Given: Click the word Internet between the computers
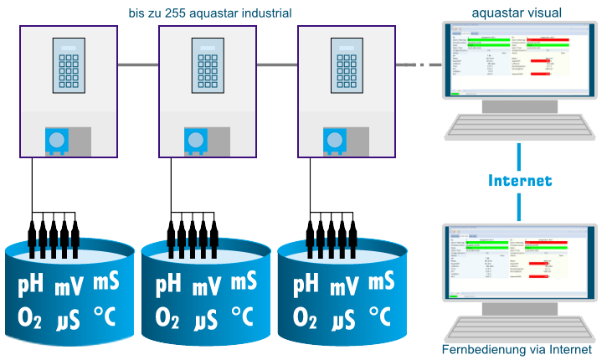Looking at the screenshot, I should click(x=519, y=181).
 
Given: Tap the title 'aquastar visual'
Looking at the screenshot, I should click(x=517, y=12).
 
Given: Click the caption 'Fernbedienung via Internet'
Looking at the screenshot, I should click(x=517, y=350).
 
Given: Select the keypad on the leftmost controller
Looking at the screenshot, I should click(x=69, y=64).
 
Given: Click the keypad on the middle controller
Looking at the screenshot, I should click(x=207, y=64).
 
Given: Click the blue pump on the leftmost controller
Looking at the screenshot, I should click(x=56, y=140).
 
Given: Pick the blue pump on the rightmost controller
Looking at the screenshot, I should click(x=334, y=140).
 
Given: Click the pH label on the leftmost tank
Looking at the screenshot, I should click(x=32, y=285).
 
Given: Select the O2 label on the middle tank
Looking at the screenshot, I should click(x=170, y=317).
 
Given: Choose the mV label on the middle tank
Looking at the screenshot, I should click(x=207, y=287).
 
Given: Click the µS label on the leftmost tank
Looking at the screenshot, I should click(x=69, y=319).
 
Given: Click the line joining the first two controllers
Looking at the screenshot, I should click(x=138, y=64).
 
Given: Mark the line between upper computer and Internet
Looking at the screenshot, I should click(x=519, y=155).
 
